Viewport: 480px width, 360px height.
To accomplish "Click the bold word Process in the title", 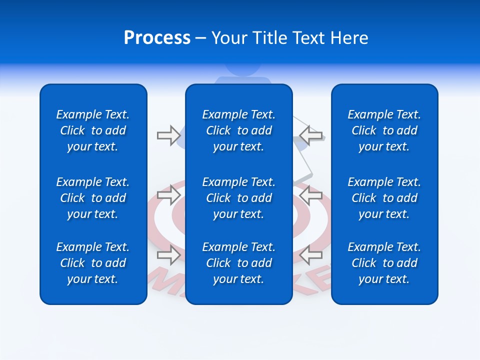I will [x=157, y=38].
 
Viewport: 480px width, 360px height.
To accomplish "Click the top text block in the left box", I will [x=93, y=130].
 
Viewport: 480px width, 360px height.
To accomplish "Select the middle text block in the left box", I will [x=93, y=198].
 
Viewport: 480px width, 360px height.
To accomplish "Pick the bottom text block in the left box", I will [x=93, y=263].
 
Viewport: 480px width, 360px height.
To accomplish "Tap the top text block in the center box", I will [x=239, y=130].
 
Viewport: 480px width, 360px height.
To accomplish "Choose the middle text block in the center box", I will [x=239, y=198].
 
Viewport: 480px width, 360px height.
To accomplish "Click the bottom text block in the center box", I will [x=239, y=263].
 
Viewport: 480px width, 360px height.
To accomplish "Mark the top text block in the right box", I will [x=384, y=130].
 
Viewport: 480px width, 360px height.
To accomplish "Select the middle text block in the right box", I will [x=384, y=198].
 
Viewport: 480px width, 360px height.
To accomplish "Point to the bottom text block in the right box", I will [x=384, y=263].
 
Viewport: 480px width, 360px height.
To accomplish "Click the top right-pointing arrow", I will [x=169, y=135].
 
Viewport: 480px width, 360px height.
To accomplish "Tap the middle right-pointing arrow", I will [x=169, y=195].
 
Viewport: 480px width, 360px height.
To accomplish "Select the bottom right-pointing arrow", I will [x=169, y=255].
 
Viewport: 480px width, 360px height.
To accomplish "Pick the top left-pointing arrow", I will [x=311, y=135].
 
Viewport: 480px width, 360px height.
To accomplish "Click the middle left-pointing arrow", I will [x=311, y=195].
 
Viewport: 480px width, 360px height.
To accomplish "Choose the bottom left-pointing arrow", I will [x=311, y=255].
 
